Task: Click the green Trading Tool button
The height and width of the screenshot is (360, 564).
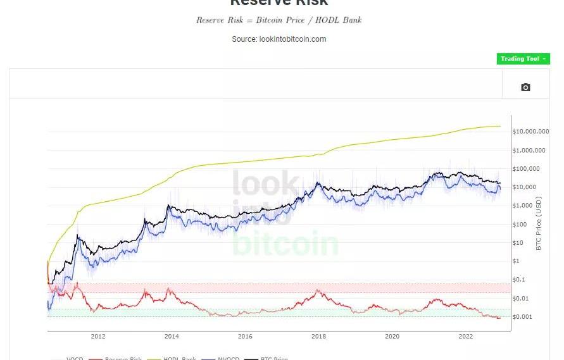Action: (523, 59)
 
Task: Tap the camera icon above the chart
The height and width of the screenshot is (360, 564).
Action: (525, 87)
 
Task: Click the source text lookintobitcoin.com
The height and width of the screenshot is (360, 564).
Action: (279, 39)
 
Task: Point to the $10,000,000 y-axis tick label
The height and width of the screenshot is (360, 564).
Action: (530, 132)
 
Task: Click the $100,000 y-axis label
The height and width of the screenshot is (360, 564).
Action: (527, 169)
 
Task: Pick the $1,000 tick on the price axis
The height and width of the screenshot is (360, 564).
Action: (523, 206)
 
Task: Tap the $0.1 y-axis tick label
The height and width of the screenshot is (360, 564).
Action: (520, 280)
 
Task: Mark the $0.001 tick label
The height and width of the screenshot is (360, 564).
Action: (523, 317)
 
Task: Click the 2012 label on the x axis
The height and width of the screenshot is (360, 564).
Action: (98, 337)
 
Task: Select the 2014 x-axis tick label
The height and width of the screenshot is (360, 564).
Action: (172, 337)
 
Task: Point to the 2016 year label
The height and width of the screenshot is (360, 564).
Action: (245, 337)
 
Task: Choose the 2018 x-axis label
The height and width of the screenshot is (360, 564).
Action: (318, 337)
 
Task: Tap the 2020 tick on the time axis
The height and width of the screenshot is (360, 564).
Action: (392, 337)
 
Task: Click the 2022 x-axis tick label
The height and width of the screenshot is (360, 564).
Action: (465, 337)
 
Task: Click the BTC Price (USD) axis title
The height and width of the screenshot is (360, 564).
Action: (539, 223)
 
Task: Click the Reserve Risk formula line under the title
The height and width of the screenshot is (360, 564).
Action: (279, 20)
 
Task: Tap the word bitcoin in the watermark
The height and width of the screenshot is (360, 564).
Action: (285, 244)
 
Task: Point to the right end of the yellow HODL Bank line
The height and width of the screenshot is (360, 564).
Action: (500, 126)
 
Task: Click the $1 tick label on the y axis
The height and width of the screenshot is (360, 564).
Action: (516, 261)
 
